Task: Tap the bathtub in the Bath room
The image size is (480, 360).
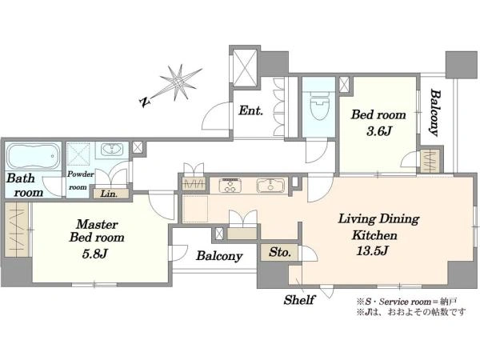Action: coord(34,156)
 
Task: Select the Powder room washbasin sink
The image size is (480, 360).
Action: coord(112,150)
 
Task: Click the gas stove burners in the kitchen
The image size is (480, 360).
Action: coord(230,186)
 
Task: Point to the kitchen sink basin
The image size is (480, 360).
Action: coord(270,186)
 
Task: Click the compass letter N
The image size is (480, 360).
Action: coord(144,102)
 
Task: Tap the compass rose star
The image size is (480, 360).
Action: coord(180,82)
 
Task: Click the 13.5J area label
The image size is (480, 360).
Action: coord(372,251)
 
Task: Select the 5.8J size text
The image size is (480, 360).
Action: coord(95,254)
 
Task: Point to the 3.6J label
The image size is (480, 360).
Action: coord(379,132)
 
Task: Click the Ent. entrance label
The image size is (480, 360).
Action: coord(250,110)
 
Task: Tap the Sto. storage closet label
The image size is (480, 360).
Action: coord(279,253)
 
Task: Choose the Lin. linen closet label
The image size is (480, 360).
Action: coord(109,194)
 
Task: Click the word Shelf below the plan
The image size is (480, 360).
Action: coord(299,300)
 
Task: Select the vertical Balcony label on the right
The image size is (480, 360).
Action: coord(435,112)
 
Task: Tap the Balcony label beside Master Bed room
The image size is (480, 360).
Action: coord(219,256)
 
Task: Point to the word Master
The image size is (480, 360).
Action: coord(97,224)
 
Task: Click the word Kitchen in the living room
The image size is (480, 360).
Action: coord(374,235)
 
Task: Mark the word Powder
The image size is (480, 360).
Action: coord(81,174)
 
